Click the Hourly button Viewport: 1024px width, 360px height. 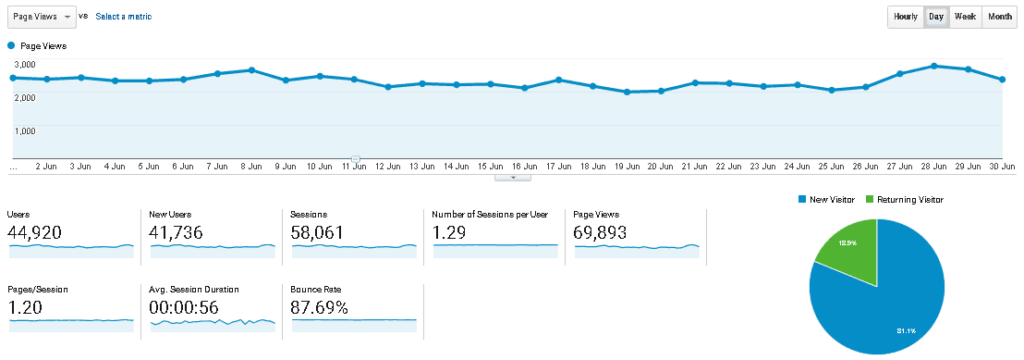point(906,17)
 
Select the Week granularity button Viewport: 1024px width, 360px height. point(966,17)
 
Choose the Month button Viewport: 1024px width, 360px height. point(1000,17)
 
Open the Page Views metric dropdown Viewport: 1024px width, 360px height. point(41,17)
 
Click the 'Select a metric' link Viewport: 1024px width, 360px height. point(123,17)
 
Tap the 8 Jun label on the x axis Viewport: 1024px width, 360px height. point(250,166)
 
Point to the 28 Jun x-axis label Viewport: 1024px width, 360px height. point(933,166)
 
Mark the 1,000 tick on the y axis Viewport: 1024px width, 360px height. point(25,130)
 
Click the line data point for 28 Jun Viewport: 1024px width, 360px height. point(934,66)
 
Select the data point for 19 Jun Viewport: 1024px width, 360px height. point(627,92)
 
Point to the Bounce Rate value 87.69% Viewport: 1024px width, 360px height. point(319,307)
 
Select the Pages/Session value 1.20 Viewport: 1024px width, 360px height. point(26,307)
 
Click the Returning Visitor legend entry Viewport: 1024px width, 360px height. point(903,200)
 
